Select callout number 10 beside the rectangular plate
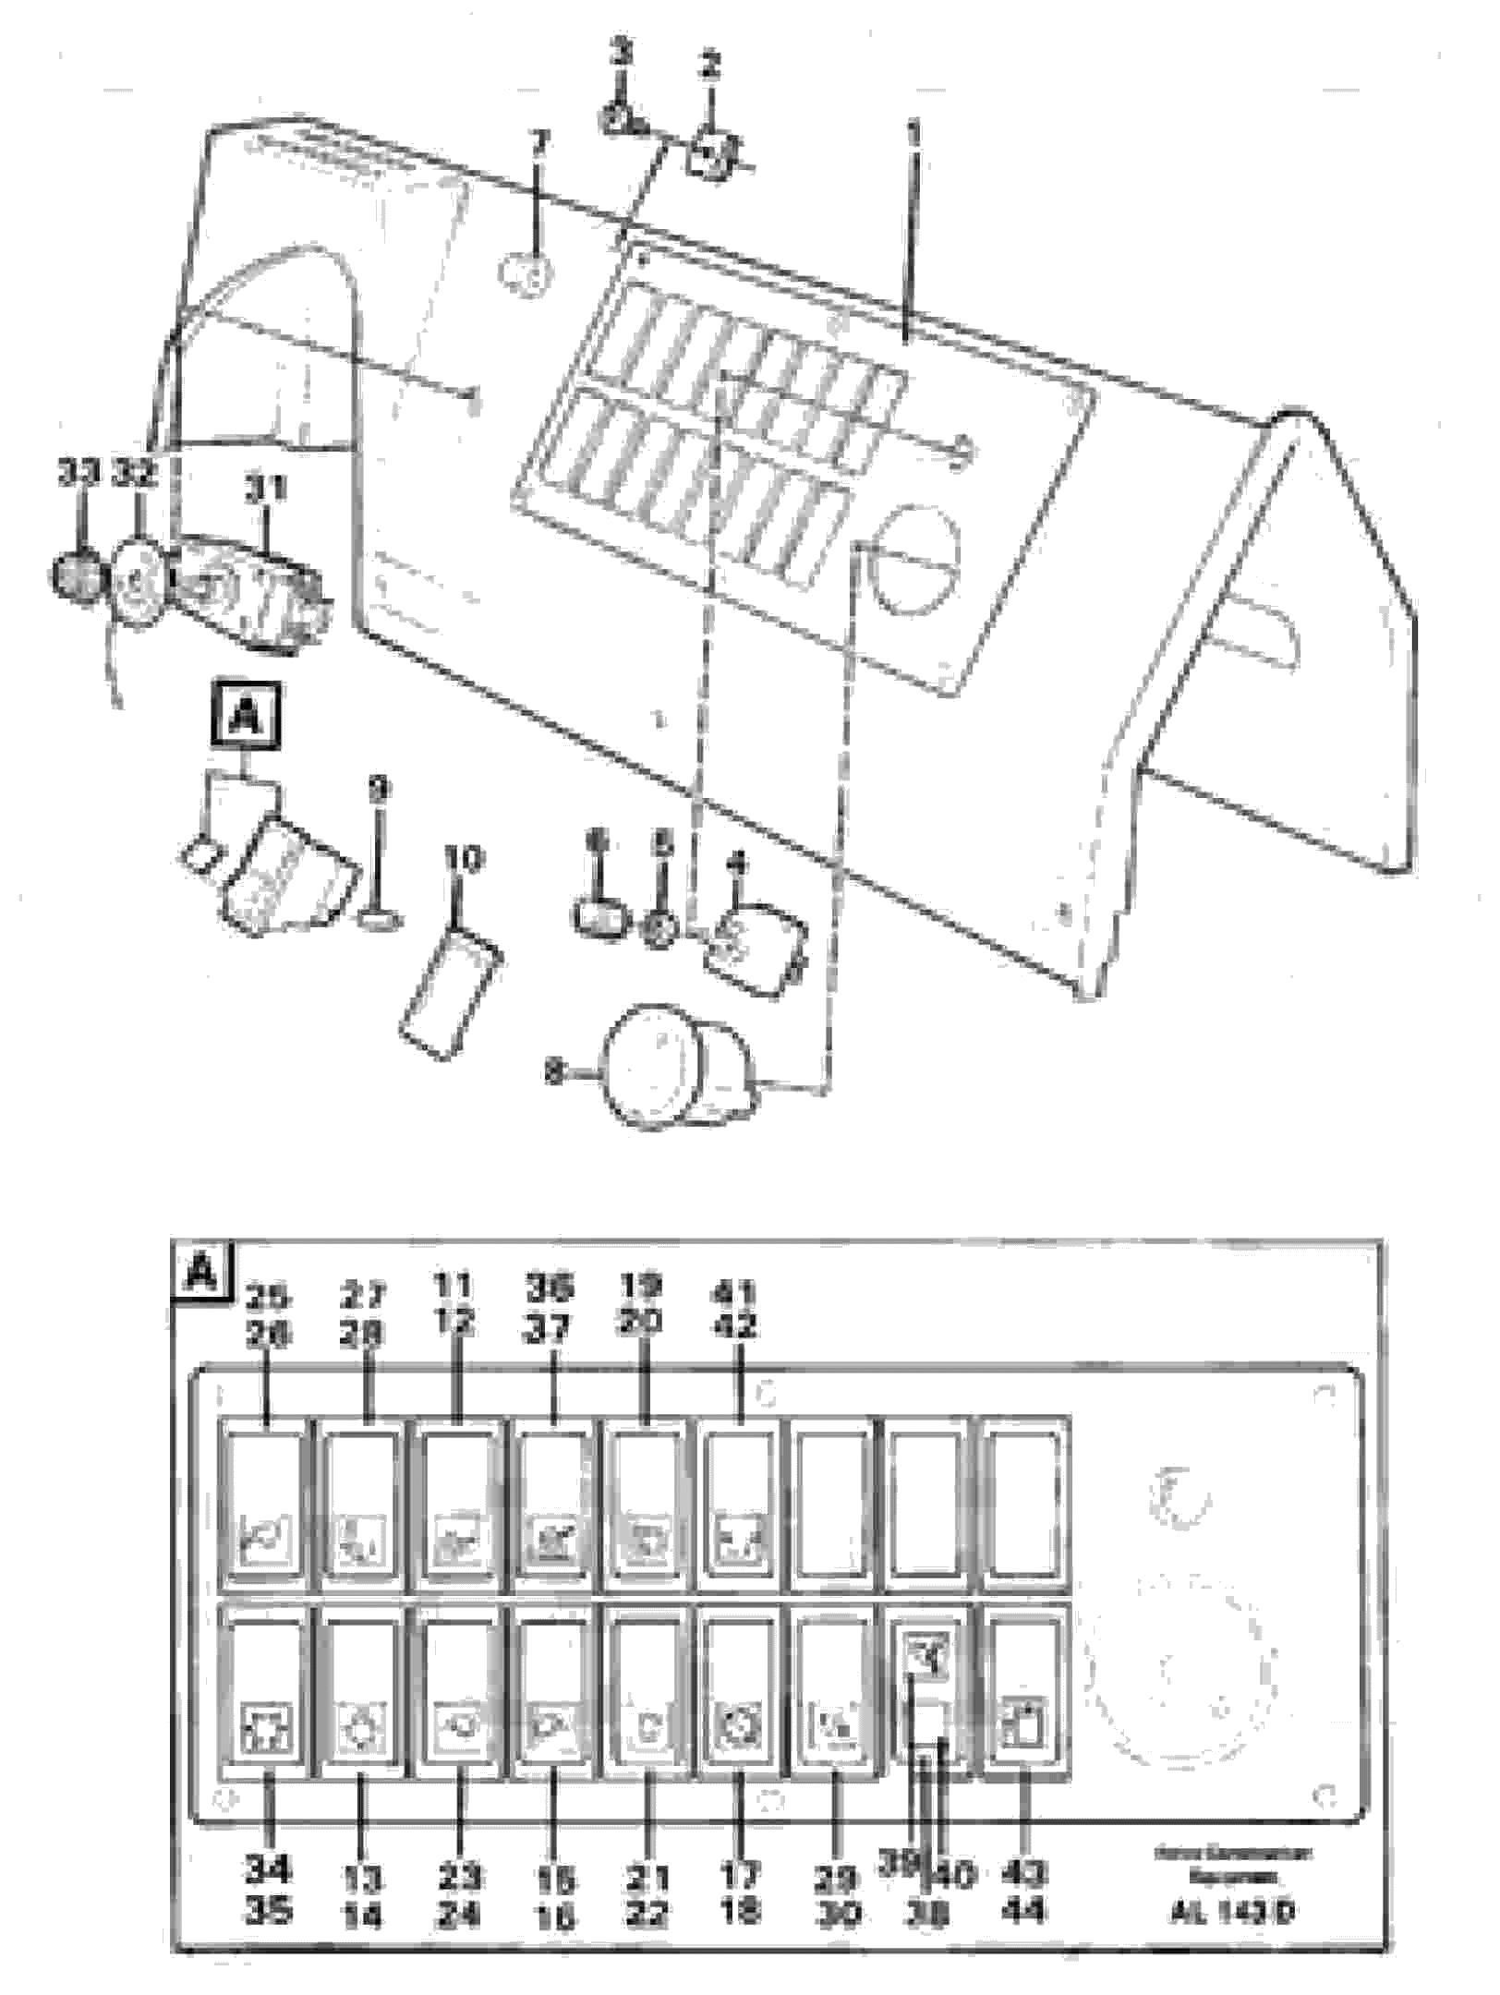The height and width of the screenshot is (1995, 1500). [x=463, y=861]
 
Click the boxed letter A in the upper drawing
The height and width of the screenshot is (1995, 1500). [x=245, y=715]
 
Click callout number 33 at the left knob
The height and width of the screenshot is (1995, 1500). [x=79, y=474]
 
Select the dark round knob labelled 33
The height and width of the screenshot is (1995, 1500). [x=76, y=577]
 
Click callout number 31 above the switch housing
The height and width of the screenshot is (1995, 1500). [x=265, y=489]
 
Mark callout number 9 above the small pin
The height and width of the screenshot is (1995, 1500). [x=379, y=791]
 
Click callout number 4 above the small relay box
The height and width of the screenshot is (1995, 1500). [x=736, y=864]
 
